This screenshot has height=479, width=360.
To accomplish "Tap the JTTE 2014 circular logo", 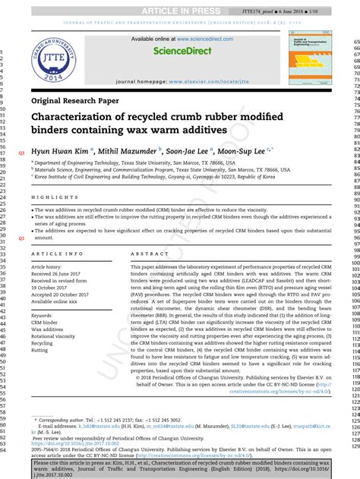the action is coord(60,56).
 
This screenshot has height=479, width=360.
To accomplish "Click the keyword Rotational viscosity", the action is coord(57,336).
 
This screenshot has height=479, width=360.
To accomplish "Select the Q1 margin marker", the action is coord(21,238).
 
